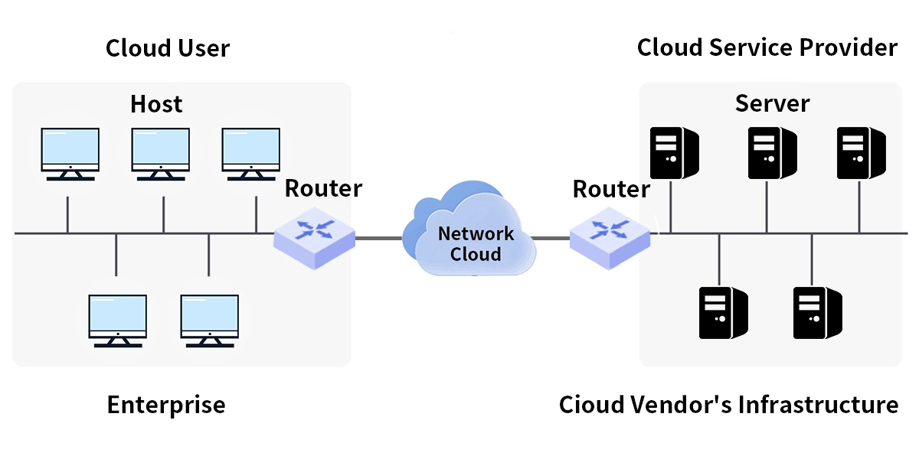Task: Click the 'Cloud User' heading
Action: coord(167,48)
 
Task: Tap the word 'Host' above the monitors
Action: coord(156,103)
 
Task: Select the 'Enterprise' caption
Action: coord(166,405)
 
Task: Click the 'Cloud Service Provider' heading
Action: coord(767,48)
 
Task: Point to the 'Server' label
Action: coord(772,103)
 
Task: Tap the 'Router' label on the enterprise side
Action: coord(323,188)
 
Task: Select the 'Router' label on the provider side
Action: coord(611,188)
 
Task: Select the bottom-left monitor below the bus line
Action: coord(117,319)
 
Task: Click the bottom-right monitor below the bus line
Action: coord(209,319)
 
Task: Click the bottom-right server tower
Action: coord(817,312)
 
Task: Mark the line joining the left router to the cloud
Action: coord(378,238)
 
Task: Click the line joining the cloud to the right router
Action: coord(550,238)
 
